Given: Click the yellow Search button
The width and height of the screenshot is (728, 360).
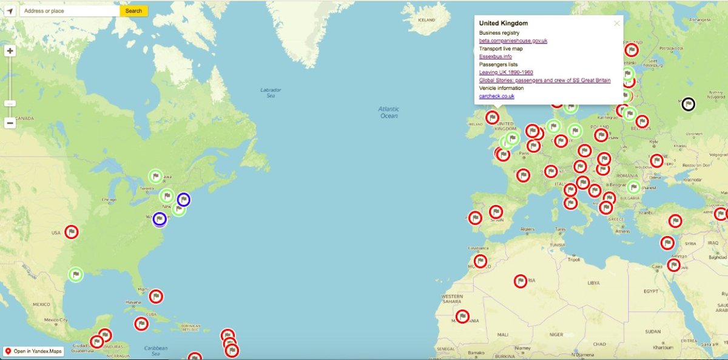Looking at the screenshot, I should [133, 11].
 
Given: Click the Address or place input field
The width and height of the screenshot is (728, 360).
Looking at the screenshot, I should [69, 11].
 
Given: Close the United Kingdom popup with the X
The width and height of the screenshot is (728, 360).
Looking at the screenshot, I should [617, 24].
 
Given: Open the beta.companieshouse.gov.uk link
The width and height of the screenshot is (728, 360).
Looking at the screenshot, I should [513, 41].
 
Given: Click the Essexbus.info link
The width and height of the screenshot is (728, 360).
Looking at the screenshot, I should [495, 56].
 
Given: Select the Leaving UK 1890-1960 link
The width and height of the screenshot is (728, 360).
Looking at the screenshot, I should [506, 72].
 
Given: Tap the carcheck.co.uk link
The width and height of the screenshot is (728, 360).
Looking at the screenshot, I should [497, 96].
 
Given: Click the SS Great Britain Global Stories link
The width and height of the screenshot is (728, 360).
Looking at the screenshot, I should [545, 80].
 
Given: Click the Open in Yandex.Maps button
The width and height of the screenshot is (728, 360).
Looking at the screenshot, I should [33, 352].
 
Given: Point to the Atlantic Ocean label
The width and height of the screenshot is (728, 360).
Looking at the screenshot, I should [389, 112].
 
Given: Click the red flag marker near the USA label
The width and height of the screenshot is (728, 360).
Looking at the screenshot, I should [72, 232].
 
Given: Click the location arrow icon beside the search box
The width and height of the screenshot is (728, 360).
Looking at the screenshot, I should [10, 11].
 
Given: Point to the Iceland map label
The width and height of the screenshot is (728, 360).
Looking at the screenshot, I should [427, 19].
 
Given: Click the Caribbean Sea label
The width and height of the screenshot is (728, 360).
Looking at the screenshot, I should [156, 350].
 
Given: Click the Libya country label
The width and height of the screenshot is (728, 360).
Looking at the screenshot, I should [593, 283].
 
